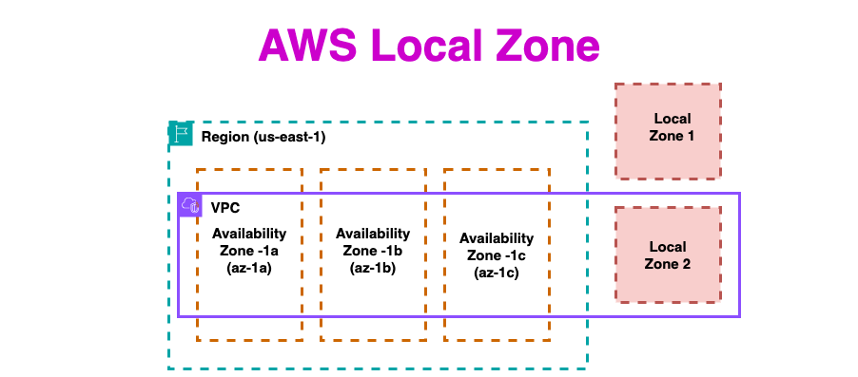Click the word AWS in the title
coord(307,45)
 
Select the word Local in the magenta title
coord(427,45)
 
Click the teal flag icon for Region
coord(181,135)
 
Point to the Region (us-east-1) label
coord(263,137)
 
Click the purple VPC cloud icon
coord(190,205)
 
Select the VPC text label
coord(225,208)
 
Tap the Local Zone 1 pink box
coord(668,131)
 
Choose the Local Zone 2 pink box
coord(668,254)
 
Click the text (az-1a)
coord(249,271)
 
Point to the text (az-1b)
coord(373,270)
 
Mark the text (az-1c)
coord(497,273)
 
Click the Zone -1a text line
coord(249,252)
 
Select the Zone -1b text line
coord(373,252)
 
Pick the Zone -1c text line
coord(497,255)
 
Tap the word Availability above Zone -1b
coord(373,234)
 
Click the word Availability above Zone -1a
coord(249,234)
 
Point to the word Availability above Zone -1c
coord(497,238)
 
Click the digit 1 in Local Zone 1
coord(690,136)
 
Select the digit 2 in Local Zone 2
coord(686,264)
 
